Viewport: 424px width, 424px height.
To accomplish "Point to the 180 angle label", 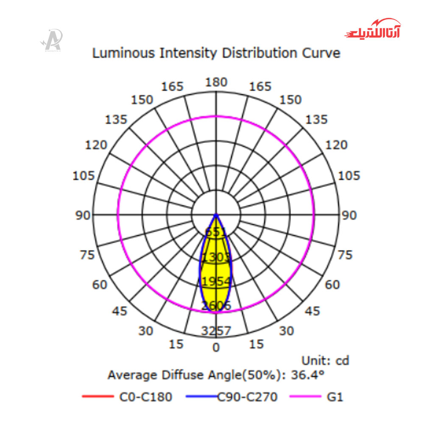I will [x=216, y=82].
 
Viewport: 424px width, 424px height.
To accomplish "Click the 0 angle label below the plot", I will [x=216, y=348].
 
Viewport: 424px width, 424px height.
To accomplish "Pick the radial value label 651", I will [x=216, y=232].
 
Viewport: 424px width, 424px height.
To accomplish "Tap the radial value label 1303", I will [x=216, y=257].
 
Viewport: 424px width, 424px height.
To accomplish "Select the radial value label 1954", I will [x=216, y=282].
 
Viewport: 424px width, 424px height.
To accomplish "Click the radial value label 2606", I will [x=216, y=306].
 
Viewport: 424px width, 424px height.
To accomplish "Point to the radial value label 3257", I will [x=216, y=331].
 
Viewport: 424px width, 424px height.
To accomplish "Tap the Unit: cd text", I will [x=325, y=361].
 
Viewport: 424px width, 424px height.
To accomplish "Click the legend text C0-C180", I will [x=145, y=397].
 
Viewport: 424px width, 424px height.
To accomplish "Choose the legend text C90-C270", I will [x=248, y=397].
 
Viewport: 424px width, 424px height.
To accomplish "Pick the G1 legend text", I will [x=335, y=397].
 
